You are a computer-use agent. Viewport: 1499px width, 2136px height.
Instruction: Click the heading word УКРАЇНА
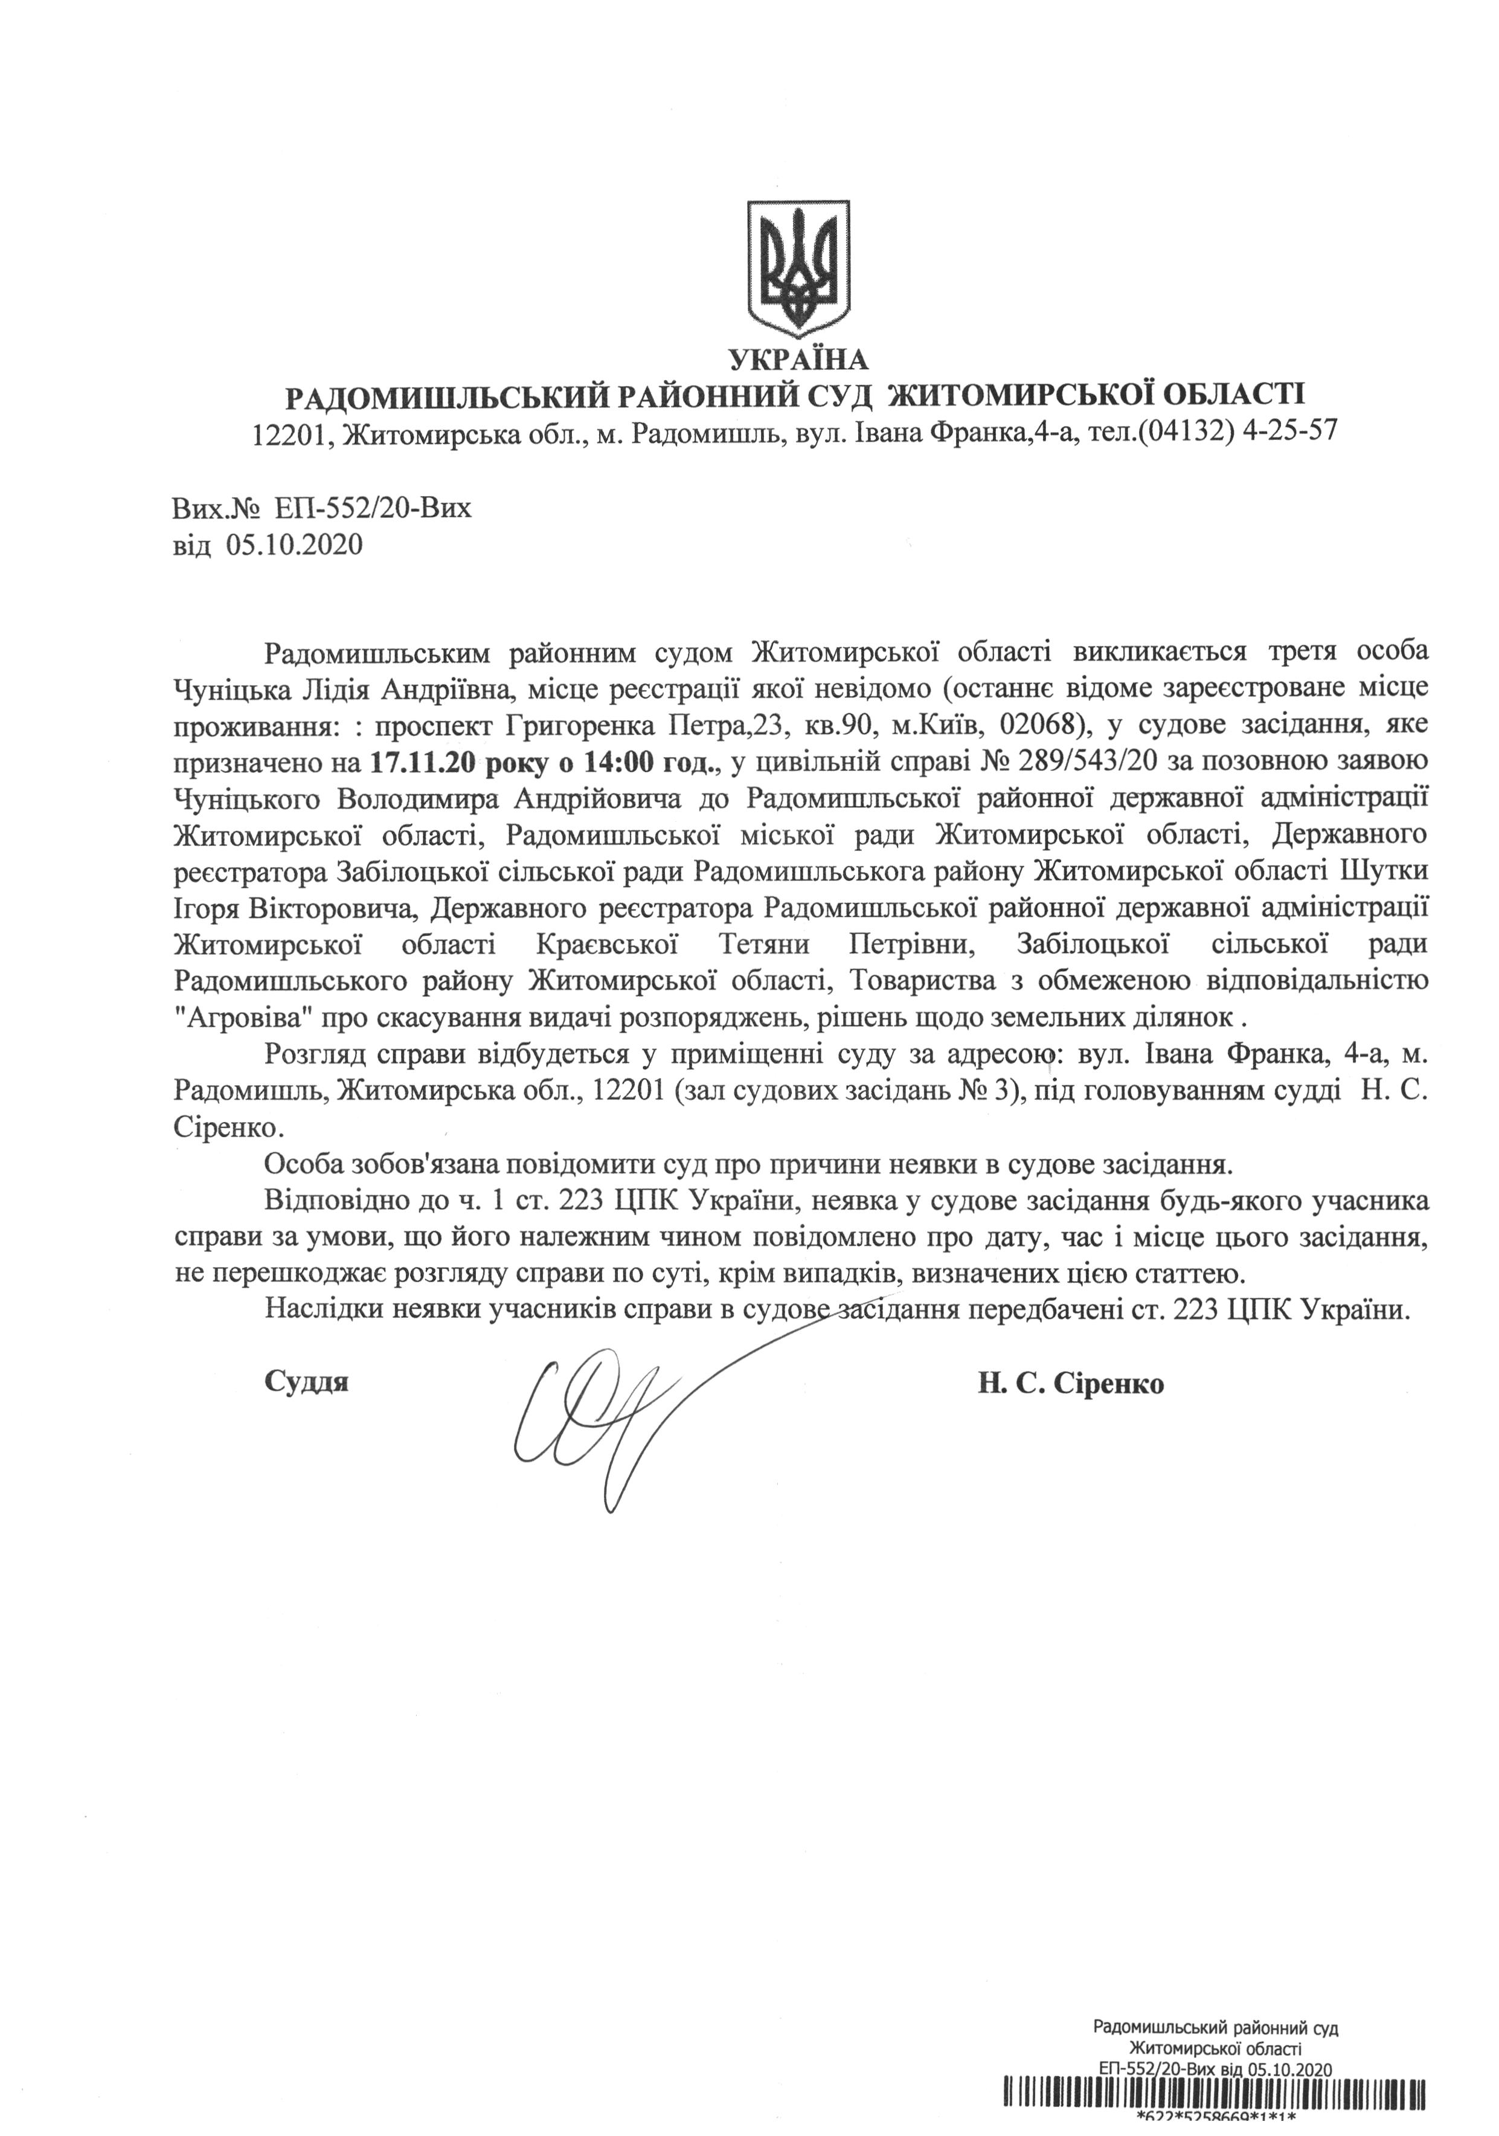pos(799,359)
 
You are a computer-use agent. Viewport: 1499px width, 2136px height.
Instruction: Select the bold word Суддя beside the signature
pos(307,1381)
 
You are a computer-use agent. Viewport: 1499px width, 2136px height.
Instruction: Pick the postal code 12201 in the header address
pos(287,433)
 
